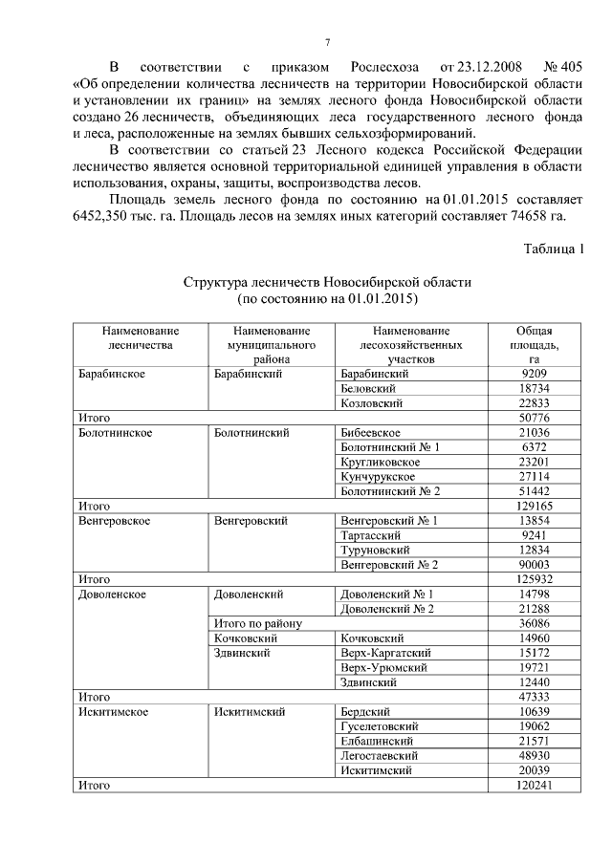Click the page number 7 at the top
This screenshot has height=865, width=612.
point(327,43)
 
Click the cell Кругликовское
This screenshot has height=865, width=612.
point(380,462)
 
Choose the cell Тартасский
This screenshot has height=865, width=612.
point(374,535)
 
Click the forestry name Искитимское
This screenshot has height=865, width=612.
point(112,712)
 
